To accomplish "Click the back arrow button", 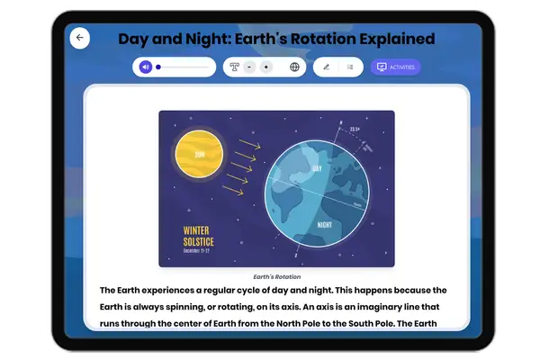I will (x=80, y=38).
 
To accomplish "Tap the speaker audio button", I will (x=145, y=67).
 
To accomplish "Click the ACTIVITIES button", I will (x=396, y=67).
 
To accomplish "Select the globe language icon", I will (x=294, y=67).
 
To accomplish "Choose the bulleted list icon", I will (x=350, y=67).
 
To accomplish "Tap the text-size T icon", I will (x=235, y=67).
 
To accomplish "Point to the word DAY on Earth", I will (x=316, y=168).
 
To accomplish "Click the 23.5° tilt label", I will (x=355, y=130).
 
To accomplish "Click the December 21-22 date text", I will (x=202, y=251).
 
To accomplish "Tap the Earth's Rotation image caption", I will (x=276, y=276).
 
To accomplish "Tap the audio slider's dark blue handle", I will (x=158, y=67).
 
